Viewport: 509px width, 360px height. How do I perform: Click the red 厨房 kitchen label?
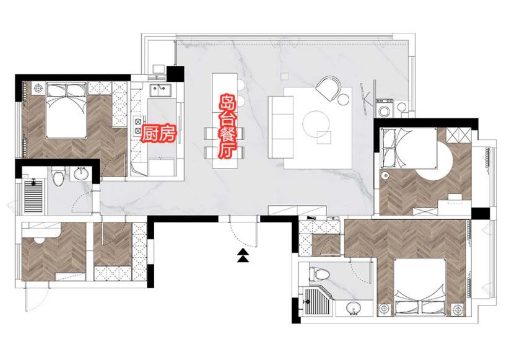click(159, 134)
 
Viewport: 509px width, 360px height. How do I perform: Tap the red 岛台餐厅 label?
click(227, 127)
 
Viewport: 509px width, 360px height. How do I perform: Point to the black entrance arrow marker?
click(243, 255)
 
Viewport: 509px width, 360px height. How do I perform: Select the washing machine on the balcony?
click(385, 108)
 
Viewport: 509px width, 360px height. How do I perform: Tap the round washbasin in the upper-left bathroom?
click(81, 173)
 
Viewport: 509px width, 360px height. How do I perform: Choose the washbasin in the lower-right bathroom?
click(353, 308)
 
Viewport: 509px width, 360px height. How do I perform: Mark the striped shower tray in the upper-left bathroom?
click(33, 196)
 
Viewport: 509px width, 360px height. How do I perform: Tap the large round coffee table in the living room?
click(316, 124)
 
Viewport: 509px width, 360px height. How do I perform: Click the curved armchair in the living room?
click(328, 87)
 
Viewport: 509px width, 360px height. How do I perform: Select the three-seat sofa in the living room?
click(277, 127)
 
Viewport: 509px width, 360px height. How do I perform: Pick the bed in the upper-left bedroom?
click(67, 110)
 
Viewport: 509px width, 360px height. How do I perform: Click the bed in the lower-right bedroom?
click(421, 288)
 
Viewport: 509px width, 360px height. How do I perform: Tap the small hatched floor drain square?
click(284, 76)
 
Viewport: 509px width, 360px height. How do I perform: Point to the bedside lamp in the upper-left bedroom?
click(38, 87)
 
